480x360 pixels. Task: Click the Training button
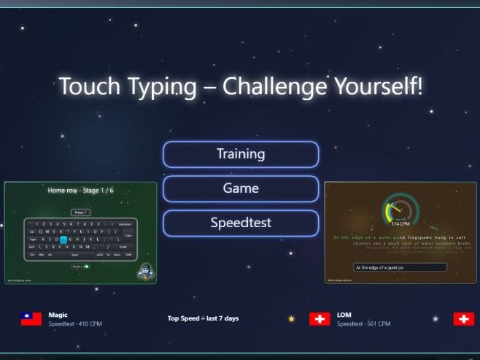(x=241, y=154)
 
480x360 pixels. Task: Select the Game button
(x=241, y=188)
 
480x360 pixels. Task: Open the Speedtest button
(x=241, y=223)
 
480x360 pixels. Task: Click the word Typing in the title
(x=160, y=87)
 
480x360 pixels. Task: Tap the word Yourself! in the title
(x=378, y=86)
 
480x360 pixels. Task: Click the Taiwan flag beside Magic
(x=31, y=319)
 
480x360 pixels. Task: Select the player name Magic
(x=58, y=315)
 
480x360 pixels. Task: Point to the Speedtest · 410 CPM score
(x=75, y=323)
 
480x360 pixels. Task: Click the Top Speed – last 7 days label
(x=203, y=318)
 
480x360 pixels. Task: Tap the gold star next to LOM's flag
(x=292, y=319)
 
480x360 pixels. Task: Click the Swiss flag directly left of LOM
(x=320, y=319)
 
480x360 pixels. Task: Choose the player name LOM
(x=344, y=315)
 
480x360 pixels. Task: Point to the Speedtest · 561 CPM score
(x=363, y=323)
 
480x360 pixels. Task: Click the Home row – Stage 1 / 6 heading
(x=80, y=191)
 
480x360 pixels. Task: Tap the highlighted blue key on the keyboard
(x=63, y=239)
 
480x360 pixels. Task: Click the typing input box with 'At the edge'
(x=400, y=268)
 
